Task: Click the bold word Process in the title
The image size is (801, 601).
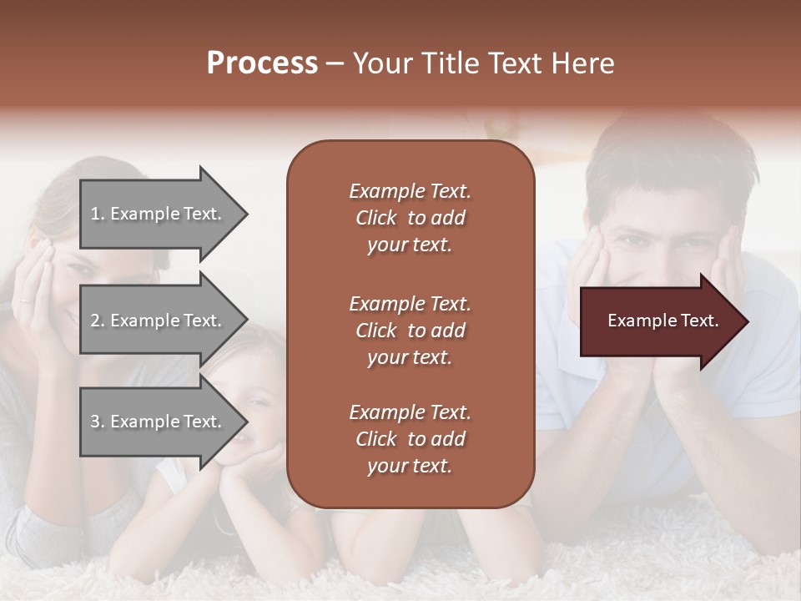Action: [262, 63]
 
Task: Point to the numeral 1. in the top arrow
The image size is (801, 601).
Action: [98, 214]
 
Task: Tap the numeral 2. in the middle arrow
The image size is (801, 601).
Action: [98, 321]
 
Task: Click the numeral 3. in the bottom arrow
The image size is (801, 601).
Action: [98, 422]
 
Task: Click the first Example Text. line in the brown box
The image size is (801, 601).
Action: [410, 191]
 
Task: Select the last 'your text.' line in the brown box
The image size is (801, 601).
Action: [410, 467]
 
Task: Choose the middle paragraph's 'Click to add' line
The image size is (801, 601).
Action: [410, 331]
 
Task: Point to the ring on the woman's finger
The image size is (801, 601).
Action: [25, 299]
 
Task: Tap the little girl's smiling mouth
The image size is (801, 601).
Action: [239, 437]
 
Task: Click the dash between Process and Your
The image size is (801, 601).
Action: [335, 63]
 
